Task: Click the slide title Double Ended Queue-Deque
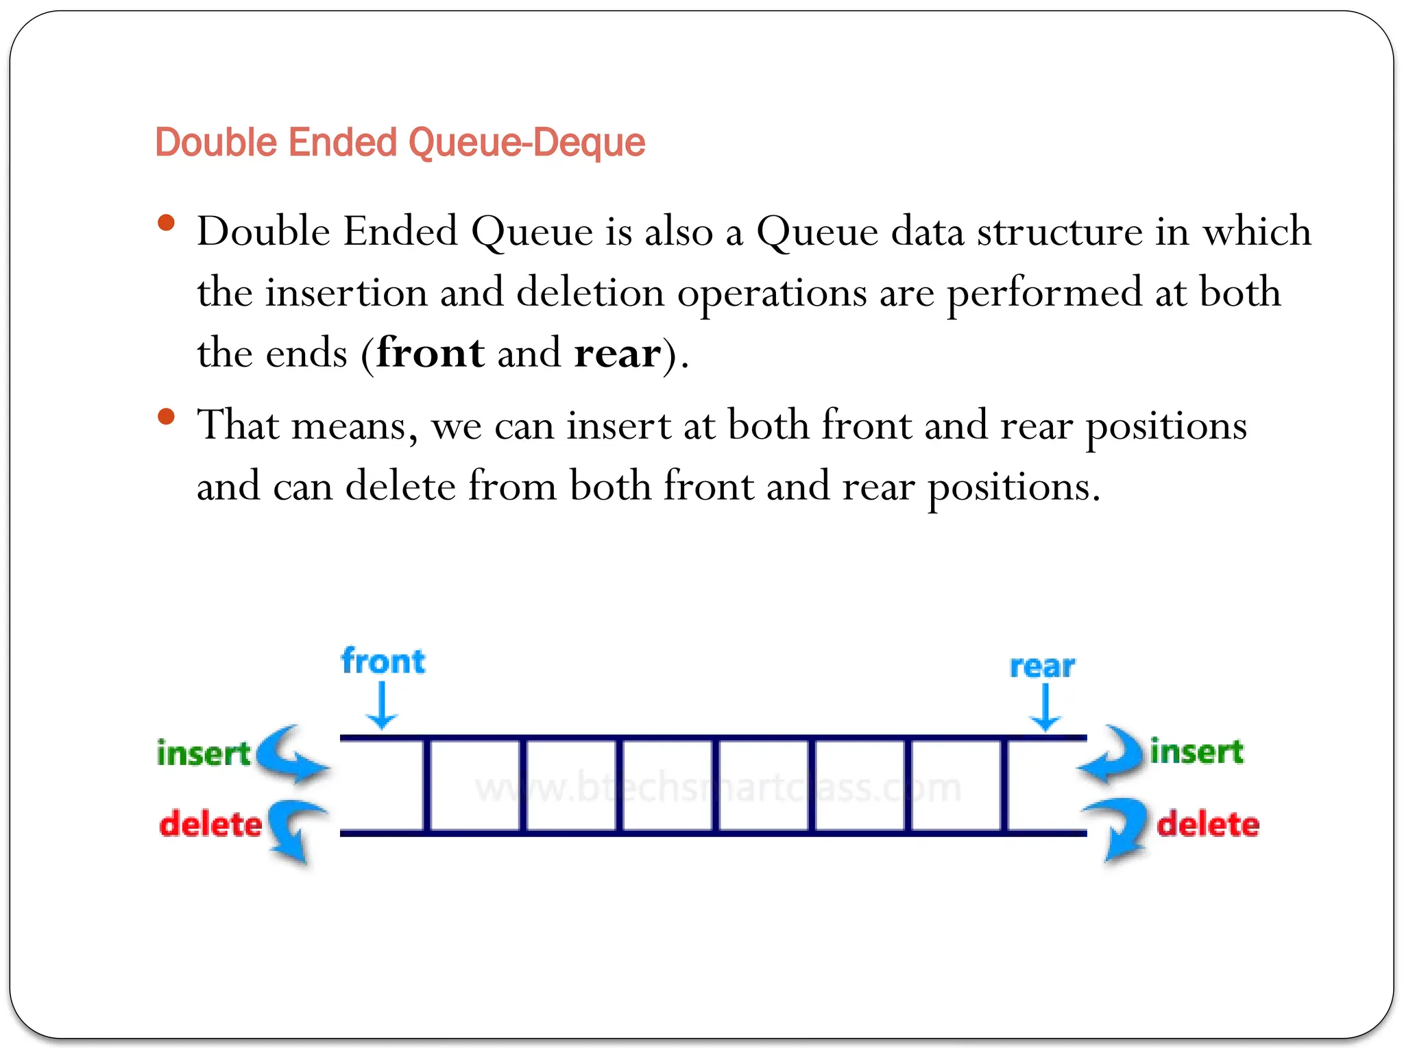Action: point(400,143)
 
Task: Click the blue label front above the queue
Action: point(383,662)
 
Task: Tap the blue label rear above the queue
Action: point(1042,666)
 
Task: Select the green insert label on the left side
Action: point(204,753)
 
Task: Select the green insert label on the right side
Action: point(1197,751)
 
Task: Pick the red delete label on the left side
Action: point(210,824)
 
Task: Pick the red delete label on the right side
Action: point(1208,824)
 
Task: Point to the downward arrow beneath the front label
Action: point(382,707)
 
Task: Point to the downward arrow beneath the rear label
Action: point(1045,709)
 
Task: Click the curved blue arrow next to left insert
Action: point(291,754)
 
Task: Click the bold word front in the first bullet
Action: point(431,353)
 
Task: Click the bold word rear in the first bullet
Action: point(618,353)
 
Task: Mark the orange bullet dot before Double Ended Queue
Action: point(166,223)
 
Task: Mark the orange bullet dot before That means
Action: point(166,417)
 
